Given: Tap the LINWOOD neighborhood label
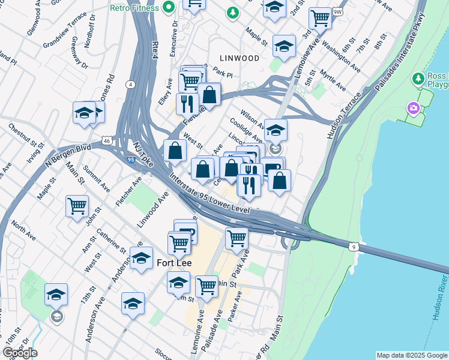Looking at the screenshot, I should [x=240, y=58].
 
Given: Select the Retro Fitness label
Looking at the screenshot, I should [x=134, y=8].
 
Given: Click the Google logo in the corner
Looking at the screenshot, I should [x=20, y=352].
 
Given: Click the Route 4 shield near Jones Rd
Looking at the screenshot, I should [x=130, y=84].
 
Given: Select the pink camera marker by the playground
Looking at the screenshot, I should [x=413, y=109].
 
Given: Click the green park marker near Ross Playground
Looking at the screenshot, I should [x=418, y=79].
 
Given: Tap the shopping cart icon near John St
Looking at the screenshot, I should [x=77, y=206].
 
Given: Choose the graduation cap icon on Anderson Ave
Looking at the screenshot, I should [x=141, y=259].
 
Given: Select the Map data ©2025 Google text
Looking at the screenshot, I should [x=412, y=355].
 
